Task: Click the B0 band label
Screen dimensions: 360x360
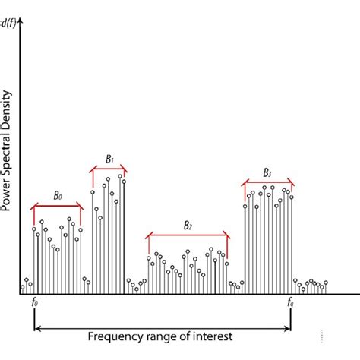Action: [x=58, y=196]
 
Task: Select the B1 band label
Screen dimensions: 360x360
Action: [x=109, y=159]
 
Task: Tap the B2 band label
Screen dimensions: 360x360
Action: [x=188, y=226]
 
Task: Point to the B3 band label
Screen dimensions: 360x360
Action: [x=267, y=172]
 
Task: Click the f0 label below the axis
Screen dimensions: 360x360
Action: [x=35, y=304]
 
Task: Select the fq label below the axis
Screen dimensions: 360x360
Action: [x=290, y=304]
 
